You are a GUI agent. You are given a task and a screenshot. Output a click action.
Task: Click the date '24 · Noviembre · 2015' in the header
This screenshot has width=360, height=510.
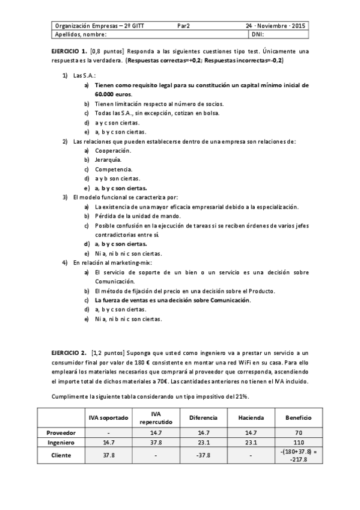(276, 26)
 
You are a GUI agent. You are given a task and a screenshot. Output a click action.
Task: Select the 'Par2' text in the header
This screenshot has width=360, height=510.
(183, 26)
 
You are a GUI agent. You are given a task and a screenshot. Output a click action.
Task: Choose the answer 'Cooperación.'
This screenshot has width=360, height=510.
(112, 150)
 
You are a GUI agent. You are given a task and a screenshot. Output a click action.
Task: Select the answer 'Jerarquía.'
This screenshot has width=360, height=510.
(108, 160)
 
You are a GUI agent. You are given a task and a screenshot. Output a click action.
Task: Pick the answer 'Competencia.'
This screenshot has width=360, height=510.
(113, 169)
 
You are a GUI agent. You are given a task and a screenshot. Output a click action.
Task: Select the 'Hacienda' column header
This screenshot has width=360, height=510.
(251, 417)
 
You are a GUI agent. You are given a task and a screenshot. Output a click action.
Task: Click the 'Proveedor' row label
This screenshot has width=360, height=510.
(60, 432)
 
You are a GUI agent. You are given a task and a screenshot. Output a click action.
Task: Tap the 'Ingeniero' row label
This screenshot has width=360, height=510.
(60, 442)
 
